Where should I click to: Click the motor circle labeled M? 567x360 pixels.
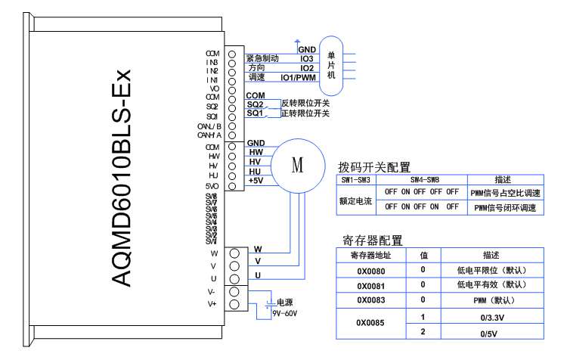[297, 163]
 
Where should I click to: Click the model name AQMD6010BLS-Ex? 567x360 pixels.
[121, 178]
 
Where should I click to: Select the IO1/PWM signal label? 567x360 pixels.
[298, 78]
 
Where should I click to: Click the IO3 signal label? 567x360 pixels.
[307, 58]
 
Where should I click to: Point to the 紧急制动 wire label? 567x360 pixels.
[262, 58]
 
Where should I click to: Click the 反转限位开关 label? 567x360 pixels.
[305, 104]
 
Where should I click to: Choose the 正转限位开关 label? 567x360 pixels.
[305, 113]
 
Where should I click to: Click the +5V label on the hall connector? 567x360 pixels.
[256, 181]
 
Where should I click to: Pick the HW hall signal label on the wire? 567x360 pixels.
[256, 152]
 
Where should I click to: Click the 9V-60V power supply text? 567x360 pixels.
[285, 313]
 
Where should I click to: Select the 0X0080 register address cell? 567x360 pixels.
[370, 270]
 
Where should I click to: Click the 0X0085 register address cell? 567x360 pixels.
[370, 324]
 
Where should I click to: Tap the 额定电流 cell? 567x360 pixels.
[355, 201]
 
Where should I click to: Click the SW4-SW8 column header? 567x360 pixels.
[423, 180]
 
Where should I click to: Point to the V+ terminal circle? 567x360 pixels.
[234, 304]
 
